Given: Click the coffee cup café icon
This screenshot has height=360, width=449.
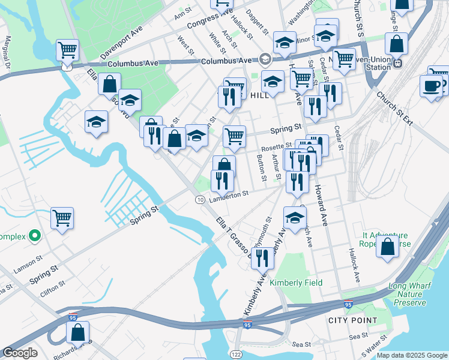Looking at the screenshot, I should [430, 86].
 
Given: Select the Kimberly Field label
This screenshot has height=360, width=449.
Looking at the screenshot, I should [295, 283].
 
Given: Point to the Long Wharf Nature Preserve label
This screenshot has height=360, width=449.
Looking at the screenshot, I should [411, 295].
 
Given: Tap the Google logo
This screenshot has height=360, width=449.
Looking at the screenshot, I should [20, 353].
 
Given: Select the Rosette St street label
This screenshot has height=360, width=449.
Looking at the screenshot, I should [276, 146].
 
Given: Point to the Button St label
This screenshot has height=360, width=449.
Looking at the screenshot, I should [261, 167].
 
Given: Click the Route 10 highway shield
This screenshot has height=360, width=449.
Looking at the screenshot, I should [200, 199].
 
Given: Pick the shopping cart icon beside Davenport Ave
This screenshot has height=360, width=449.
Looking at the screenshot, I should [68, 50].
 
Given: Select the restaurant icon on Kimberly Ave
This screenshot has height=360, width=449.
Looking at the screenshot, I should [262, 258].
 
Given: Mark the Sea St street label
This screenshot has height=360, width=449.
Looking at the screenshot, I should [301, 344].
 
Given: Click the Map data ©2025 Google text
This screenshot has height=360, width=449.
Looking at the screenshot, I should [411, 355].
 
